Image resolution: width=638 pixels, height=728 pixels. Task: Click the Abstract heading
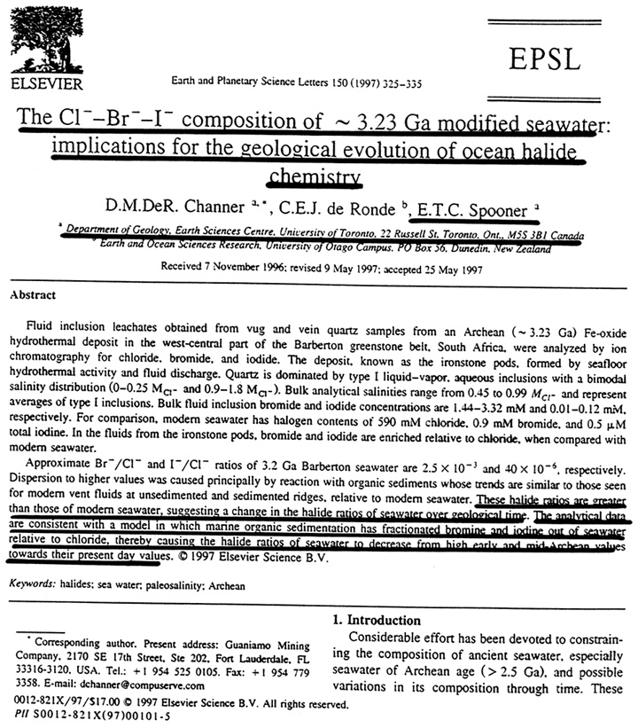click(x=35, y=294)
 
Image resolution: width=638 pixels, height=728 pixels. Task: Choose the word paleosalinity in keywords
click(x=191, y=585)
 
